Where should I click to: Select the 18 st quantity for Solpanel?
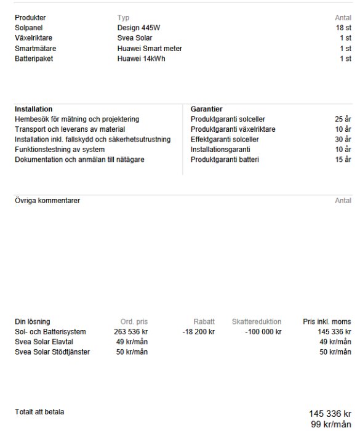(343, 28)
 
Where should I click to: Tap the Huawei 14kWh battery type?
(141, 58)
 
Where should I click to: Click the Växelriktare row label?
(33, 38)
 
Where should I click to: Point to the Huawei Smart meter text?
(150, 49)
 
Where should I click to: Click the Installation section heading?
(33, 109)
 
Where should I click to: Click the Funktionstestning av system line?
(60, 150)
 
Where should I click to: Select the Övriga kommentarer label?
(47, 201)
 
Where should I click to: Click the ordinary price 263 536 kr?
(130, 332)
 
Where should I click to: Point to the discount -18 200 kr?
(198, 332)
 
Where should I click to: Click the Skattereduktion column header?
(257, 321)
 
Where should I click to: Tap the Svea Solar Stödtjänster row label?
(52, 352)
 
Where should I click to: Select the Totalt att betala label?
(39, 412)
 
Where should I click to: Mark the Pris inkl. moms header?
(327, 321)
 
